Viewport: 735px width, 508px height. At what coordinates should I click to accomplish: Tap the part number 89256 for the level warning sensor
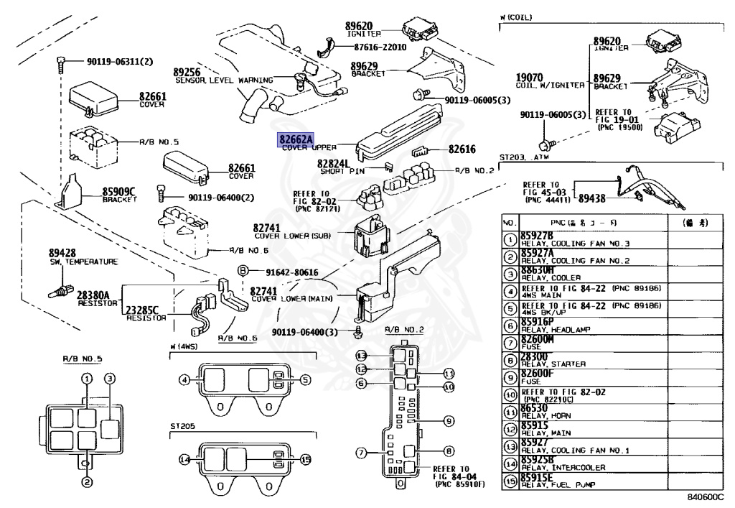coord(187,72)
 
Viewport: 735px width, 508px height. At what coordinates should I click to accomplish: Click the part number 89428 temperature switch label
coord(62,253)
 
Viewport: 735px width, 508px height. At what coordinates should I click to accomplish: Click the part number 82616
coord(462,150)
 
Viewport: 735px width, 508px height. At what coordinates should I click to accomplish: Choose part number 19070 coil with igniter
coord(529,77)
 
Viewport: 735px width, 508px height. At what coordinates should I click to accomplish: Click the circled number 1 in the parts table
coord(510,240)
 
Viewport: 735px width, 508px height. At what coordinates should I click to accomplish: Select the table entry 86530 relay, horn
coord(535,408)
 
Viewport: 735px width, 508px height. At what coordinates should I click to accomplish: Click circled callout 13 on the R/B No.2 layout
coord(362,356)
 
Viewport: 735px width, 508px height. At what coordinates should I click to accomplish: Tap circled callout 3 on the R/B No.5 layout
coord(110,379)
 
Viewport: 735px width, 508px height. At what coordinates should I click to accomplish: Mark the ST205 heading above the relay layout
coord(182,426)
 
